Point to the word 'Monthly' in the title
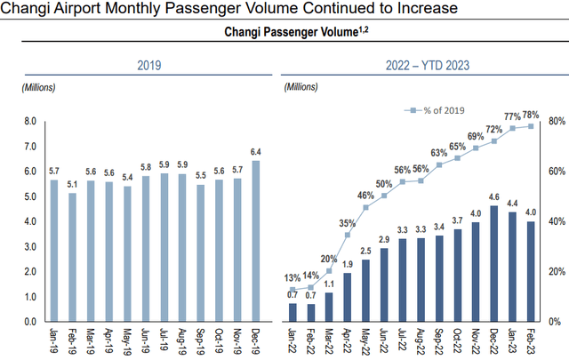pos(148,9)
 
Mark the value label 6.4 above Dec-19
pos(257,151)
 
